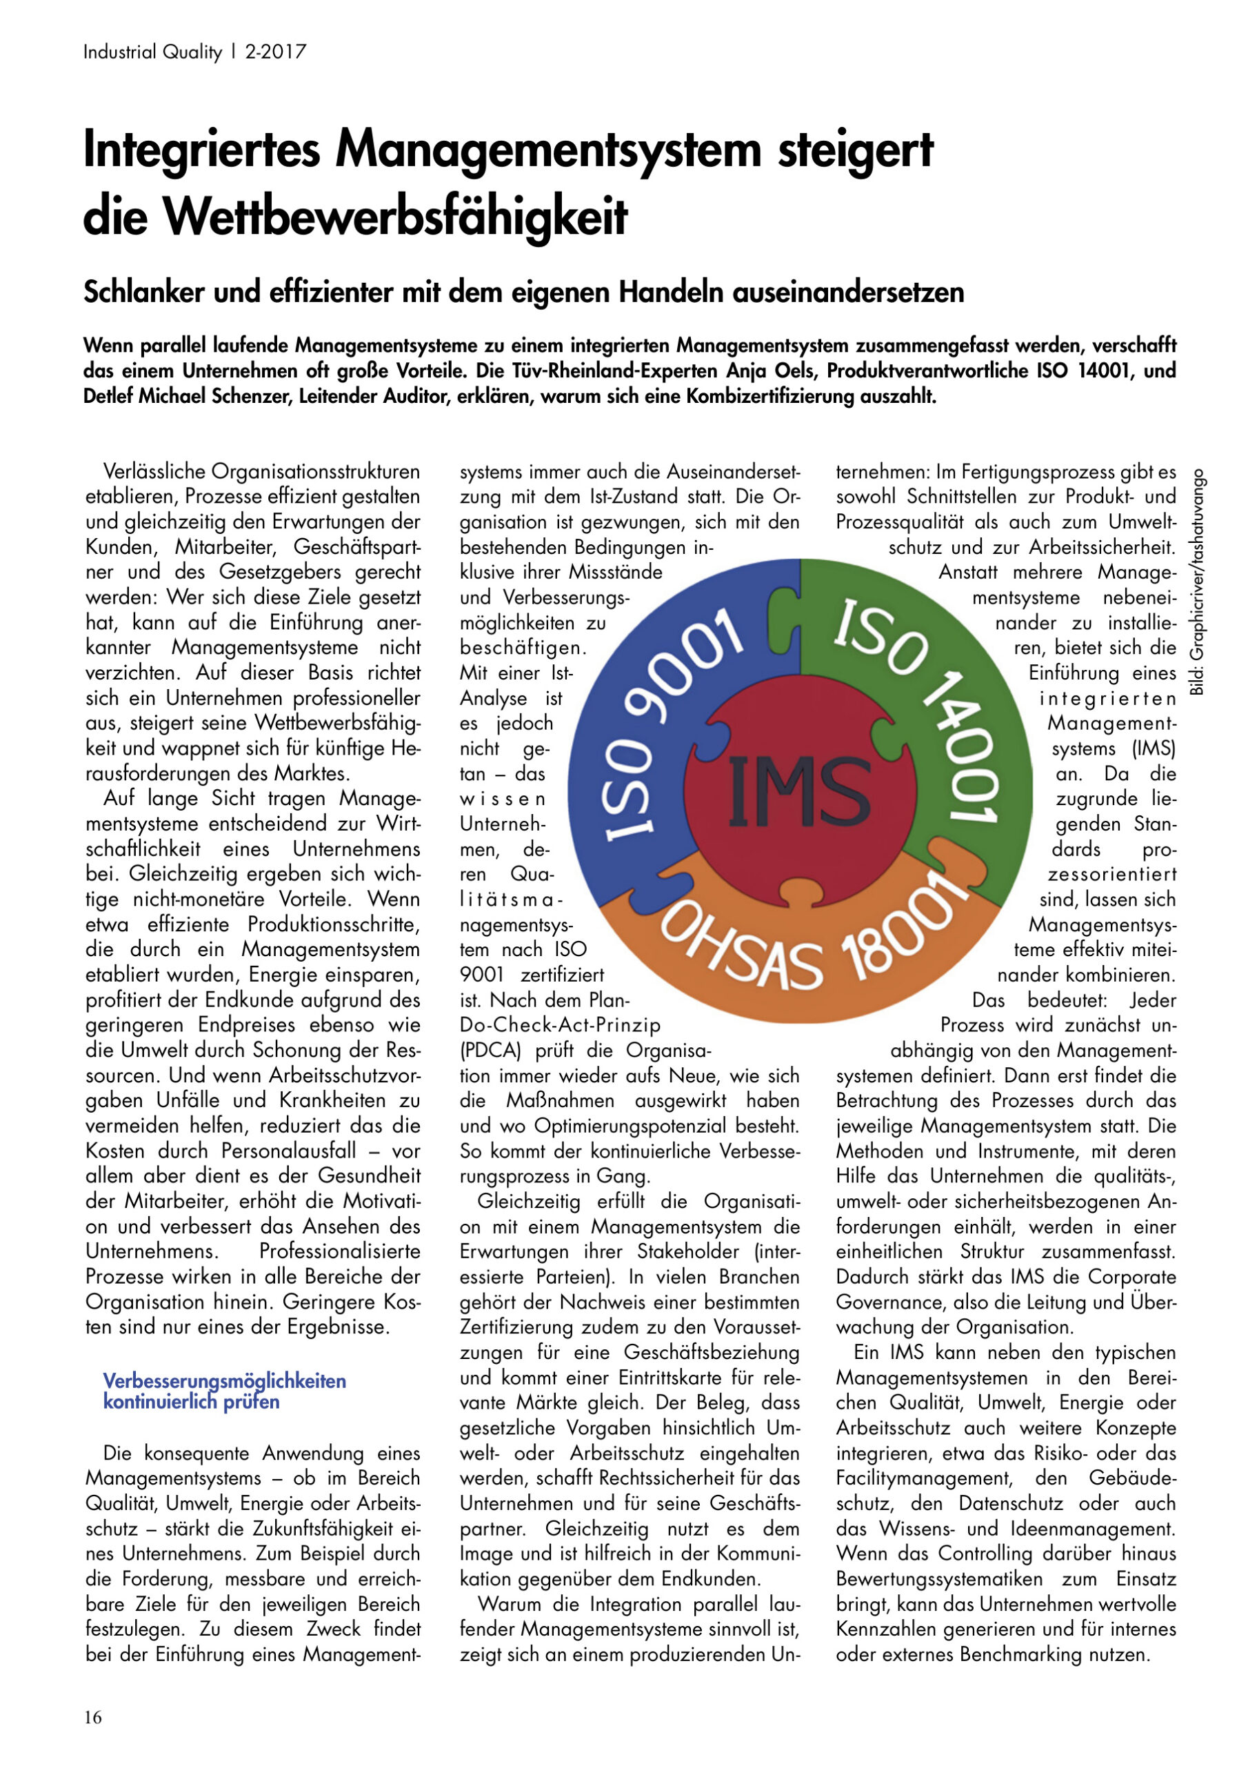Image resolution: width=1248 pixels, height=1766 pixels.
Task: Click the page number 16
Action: pyautogui.click(x=93, y=1718)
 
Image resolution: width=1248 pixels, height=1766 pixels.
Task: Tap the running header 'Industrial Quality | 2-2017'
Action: pyautogui.click(x=194, y=52)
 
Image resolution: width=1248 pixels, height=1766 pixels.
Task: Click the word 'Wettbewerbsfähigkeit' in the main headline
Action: pyautogui.click(x=355, y=218)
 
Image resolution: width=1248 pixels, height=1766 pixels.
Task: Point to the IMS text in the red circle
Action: pyautogui.click(x=799, y=791)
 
